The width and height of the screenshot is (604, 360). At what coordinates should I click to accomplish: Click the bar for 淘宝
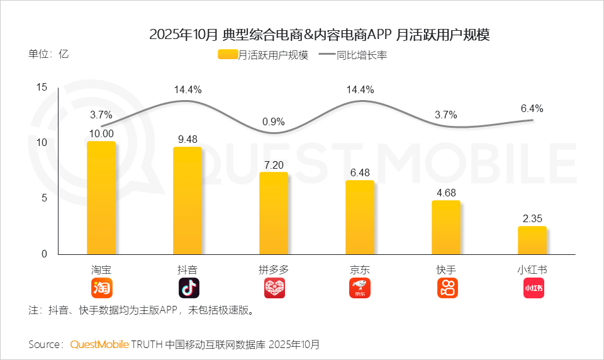101,198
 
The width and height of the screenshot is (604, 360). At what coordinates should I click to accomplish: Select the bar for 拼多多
274,213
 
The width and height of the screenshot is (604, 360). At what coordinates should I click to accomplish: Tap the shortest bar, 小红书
532,240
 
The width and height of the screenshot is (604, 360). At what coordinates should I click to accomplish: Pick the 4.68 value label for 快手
446,193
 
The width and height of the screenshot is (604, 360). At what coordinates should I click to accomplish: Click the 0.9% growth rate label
274,121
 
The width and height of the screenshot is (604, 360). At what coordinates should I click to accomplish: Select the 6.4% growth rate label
532,108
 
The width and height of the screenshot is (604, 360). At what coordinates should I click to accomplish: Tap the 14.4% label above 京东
360,89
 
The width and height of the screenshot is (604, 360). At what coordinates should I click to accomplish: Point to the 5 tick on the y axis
44,198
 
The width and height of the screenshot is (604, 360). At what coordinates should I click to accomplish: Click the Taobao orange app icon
101,288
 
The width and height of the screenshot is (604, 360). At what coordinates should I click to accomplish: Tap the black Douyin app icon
188,288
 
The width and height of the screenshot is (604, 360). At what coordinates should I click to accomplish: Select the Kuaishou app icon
447,288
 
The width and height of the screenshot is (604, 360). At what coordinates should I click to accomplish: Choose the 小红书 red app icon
533,288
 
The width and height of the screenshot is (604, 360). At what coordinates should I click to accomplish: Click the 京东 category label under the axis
360,269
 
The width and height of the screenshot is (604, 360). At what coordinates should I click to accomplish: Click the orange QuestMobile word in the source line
99,344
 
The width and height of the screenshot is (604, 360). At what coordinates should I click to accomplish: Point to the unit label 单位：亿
48,53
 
